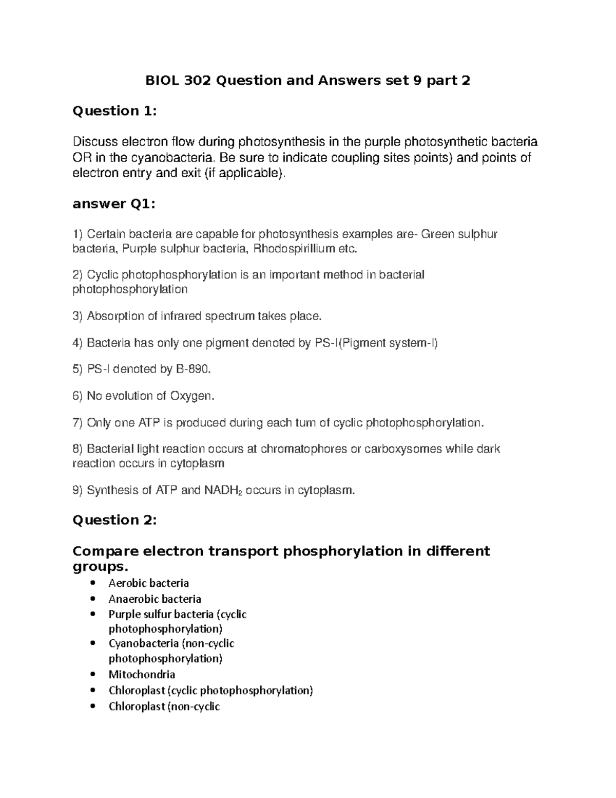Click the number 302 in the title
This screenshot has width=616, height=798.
(x=196, y=81)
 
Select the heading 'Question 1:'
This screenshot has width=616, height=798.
(x=114, y=111)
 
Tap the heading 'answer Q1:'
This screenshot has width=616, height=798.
(x=113, y=204)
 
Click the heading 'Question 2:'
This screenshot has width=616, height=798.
(x=114, y=520)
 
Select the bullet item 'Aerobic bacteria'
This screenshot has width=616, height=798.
(x=148, y=583)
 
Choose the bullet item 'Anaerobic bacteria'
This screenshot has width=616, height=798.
(x=155, y=599)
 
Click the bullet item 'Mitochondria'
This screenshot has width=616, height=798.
(x=142, y=674)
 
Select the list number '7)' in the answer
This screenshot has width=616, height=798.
(x=78, y=423)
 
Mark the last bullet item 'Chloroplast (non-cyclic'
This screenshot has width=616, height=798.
(x=164, y=707)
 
